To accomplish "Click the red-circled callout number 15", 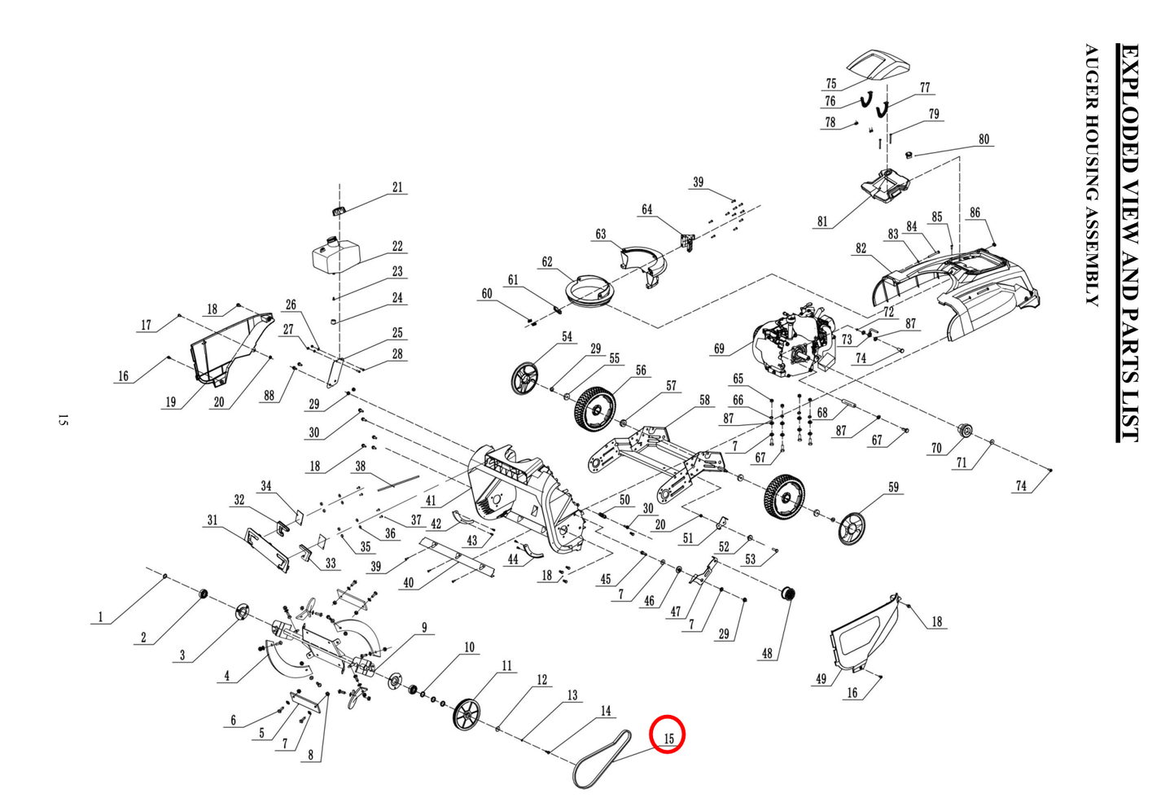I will (x=668, y=738).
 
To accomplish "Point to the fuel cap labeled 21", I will (x=340, y=211).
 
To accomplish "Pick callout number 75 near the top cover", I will (x=830, y=84).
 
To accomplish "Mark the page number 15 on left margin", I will (x=64, y=420).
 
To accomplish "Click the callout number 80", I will (x=984, y=139).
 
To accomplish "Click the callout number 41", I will (x=430, y=501).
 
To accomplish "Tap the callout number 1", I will (x=101, y=617).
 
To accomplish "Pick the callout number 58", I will (x=704, y=400).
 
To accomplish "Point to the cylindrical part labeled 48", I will (x=787, y=594).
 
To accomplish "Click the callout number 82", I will (x=861, y=248).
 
